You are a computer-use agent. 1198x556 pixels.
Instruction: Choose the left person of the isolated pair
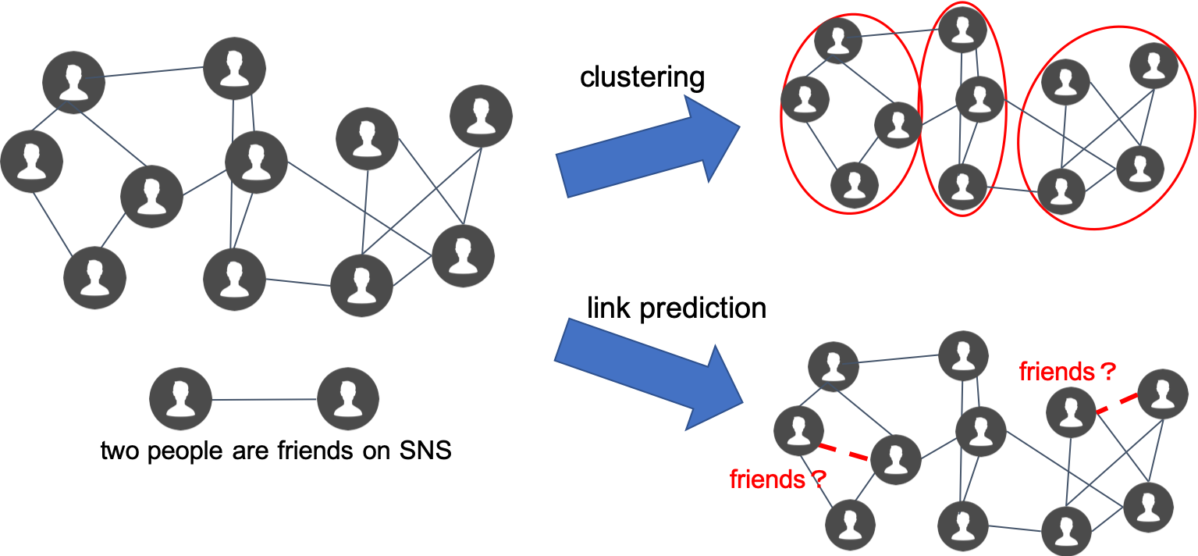tap(180, 398)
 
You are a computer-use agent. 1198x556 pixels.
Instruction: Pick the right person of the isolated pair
tap(348, 398)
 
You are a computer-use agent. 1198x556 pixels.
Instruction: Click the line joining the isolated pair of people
tap(264, 399)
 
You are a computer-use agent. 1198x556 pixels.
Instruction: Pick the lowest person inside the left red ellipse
tap(855, 185)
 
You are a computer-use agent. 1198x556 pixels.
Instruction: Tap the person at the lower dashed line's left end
tap(798, 431)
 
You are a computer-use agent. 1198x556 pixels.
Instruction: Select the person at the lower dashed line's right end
tap(896, 459)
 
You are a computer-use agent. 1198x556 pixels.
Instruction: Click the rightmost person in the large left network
tap(482, 116)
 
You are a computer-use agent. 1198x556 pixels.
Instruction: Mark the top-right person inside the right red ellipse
tap(1154, 66)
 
